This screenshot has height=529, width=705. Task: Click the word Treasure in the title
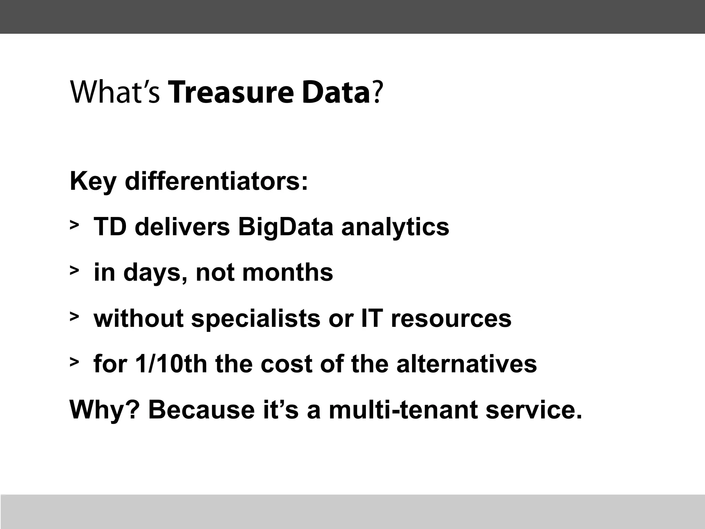click(x=232, y=93)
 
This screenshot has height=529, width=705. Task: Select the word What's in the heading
click(x=115, y=93)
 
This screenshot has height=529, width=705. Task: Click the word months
click(x=288, y=272)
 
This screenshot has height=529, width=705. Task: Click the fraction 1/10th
click(x=171, y=364)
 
